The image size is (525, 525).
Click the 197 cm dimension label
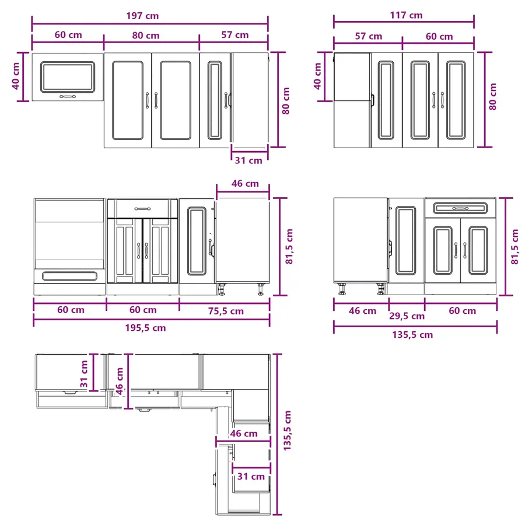click(142, 16)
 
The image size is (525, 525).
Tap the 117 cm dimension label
click(406, 15)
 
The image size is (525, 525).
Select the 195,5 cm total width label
click(145, 328)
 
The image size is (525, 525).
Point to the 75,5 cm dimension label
click(226, 311)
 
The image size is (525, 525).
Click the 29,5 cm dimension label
click(407, 316)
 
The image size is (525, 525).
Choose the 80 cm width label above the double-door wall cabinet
click(146, 36)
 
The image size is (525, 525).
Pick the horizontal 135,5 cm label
click(412, 335)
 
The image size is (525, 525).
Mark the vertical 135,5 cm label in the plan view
click(287, 430)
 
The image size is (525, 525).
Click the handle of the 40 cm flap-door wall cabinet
click(68, 96)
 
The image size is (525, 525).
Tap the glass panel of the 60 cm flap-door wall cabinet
click(68, 77)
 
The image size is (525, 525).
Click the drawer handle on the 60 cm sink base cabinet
click(142, 209)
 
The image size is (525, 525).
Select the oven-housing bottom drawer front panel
click(69, 276)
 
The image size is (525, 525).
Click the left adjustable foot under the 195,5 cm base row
click(222, 289)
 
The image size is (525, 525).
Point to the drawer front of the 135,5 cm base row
click(460, 208)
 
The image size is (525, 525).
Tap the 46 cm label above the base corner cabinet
click(245, 184)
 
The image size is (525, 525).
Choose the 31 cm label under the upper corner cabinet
click(249, 160)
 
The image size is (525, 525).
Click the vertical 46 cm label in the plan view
click(120, 381)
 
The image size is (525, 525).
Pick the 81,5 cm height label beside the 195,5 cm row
click(289, 246)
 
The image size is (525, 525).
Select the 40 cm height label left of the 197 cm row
click(16, 76)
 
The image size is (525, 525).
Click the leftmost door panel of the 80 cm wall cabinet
click(128, 100)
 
